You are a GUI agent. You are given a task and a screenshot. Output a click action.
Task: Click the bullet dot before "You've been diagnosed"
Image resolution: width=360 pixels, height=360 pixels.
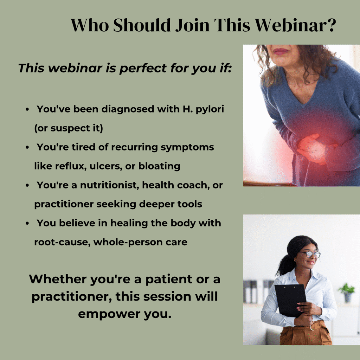tap(27, 109)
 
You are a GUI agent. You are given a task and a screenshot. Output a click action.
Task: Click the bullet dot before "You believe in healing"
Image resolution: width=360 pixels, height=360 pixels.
tap(27, 223)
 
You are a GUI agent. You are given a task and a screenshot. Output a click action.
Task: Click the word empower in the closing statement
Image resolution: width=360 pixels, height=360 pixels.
tap(109, 314)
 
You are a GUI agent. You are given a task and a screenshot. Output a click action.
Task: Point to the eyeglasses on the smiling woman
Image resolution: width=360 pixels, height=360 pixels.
tap(310, 254)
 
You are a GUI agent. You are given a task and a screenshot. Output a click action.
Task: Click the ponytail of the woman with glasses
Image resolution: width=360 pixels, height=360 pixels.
tap(285, 264)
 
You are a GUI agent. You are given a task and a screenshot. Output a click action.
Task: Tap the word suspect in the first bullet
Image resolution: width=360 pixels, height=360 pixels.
tap(70, 128)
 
